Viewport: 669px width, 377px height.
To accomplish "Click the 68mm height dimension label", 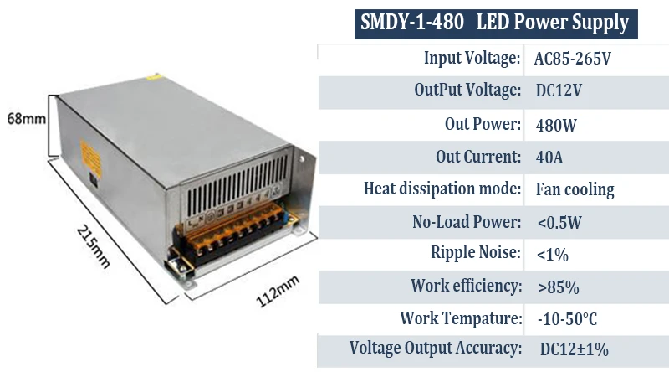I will (x=26, y=118).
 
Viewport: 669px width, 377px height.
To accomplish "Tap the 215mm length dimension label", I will (x=94, y=246).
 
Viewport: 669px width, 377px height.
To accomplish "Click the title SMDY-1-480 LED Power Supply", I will (x=494, y=23).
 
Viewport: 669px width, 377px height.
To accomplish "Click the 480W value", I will (x=556, y=125).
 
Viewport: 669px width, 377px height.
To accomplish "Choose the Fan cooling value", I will (x=575, y=189).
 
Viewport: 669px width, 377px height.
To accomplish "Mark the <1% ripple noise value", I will (x=553, y=254).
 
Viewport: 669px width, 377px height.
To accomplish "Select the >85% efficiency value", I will (x=559, y=287).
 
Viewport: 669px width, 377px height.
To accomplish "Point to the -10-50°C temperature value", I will (x=566, y=319).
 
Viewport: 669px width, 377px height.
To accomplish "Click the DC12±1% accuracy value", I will (x=574, y=349).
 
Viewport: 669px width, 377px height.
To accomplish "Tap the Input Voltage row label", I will (x=472, y=59).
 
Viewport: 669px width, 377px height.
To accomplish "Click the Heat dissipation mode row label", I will (x=442, y=188).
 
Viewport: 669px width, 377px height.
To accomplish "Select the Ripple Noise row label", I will (x=476, y=253).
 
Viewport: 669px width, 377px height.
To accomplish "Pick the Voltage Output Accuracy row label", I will (x=436, y=349).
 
